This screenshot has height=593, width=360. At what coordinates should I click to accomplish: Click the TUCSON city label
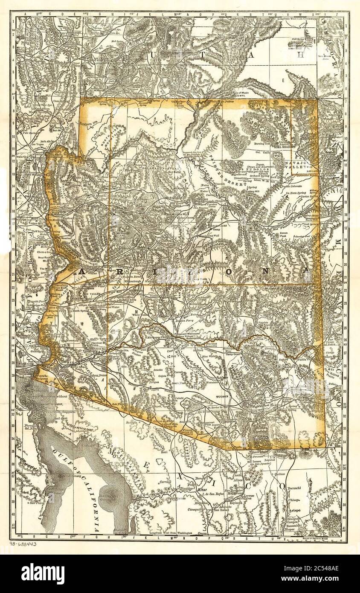(222, 396)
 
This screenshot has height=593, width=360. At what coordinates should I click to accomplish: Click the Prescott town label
(139, 252)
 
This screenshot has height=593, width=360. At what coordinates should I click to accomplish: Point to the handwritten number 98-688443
(23, 544)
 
